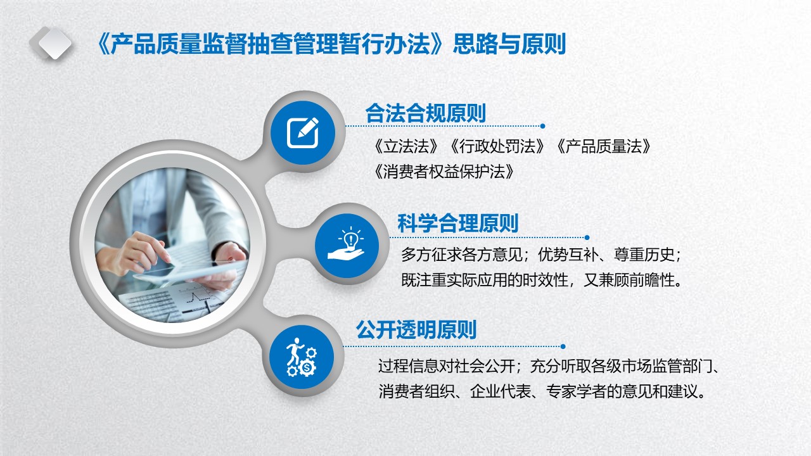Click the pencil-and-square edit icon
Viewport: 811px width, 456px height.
pyautogui.click(x=303, y=132)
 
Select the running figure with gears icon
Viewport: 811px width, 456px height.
pyautogui.click(x=302, y=357)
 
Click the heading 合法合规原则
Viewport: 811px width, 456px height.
pyautogui.click(x=425, y=113)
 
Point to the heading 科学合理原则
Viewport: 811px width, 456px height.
pyautogui.click(x=458, y=224)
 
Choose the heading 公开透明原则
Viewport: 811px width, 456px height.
pyautogui.click(x=416, y=329)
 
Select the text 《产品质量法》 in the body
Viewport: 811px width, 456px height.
pyautogui.click(x=604, y=146)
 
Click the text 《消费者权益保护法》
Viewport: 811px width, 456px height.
pyautogui.click(x=444, y=172)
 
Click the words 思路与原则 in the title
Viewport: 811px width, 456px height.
pyautogui.click(x=509, y=44)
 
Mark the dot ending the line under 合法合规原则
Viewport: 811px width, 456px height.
pyautogui.click(x=542, y=126)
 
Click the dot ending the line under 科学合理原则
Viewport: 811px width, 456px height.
pyautogui.click(x=587, y=237)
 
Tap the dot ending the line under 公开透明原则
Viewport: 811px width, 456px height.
pyautogui.click(x=563, y=346)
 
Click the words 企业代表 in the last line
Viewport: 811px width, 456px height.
pyautogui.click(x=501, y=391)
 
